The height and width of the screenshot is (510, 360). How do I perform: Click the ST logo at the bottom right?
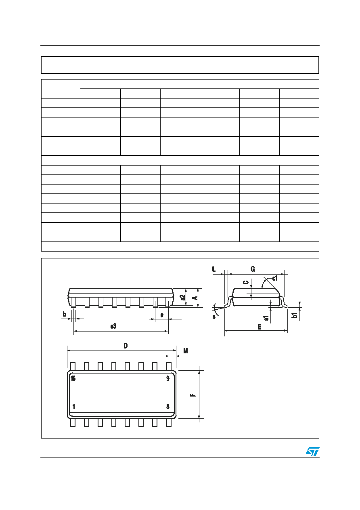click(312, 451)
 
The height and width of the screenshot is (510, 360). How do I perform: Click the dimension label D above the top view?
click(126, 346)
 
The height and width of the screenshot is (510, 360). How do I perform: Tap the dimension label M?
click(186, 351)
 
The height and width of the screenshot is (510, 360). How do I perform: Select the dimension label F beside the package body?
click(193, 395)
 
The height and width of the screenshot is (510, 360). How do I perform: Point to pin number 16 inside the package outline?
click(73, 378)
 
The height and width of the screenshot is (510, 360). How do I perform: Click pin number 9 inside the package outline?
click(168, 378)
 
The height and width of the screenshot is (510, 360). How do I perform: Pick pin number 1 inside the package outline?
click(74, 406)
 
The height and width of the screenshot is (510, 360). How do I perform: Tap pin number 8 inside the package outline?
click(168, 406)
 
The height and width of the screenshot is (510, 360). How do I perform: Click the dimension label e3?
click(113, 326)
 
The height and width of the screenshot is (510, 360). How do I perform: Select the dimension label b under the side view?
click(65, 314)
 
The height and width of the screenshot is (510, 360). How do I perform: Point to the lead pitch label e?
click(162, 315)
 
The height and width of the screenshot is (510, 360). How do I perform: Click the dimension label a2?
click(182, 297)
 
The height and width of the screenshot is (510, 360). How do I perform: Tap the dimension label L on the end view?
click(213, 269)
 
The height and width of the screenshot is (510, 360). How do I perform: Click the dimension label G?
click(253, 269)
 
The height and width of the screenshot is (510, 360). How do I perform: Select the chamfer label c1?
click(275, 278)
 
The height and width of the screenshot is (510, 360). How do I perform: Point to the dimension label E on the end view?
click(260, 327)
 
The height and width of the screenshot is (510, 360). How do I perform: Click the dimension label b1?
click(295, 315)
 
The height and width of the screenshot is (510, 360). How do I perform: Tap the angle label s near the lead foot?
click(214, 317)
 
